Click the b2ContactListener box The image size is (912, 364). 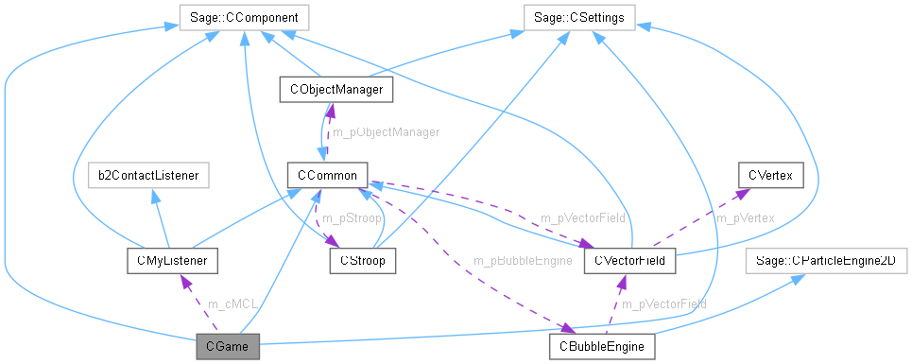(146, 175)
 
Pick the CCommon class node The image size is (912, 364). (327, 175)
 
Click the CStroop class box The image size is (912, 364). (362, 259)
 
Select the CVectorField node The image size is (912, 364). (629, 259)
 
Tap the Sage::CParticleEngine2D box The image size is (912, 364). (827, 259)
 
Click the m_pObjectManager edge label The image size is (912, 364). (386, 132)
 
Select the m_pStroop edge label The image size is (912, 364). (351, 218)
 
